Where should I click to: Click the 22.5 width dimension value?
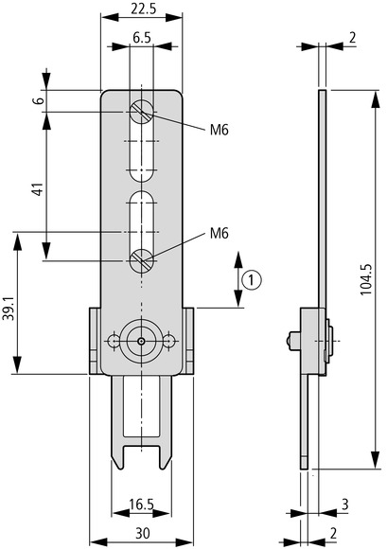143,9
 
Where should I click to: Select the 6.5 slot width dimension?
142,37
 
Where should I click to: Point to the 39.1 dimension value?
9,310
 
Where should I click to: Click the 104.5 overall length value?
366,279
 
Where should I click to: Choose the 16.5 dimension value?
141,505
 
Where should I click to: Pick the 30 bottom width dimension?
143,533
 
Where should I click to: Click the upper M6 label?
219,131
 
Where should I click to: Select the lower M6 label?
219,233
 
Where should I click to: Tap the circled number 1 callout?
251,280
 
